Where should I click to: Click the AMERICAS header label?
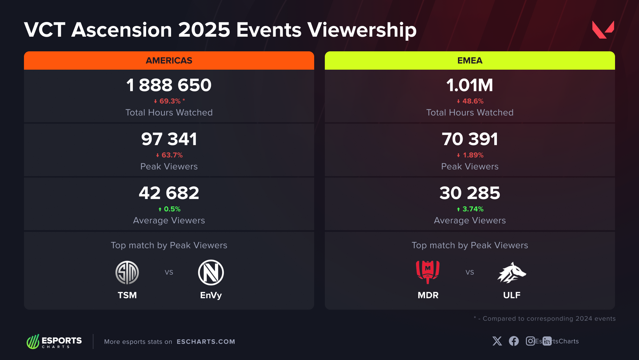click(x=169, y=61)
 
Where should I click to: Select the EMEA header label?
click(x=470, y=61)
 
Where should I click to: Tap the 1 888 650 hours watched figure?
click(x=169, y=85)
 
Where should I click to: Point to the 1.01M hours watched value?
click(x=470, y=85)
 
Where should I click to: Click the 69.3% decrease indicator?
click(x=169, y=101)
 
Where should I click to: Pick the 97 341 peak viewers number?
click(x=169, y=139)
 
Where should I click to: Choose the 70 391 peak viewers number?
click(x=470, y=139)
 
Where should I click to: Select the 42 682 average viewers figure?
click(x=169, y=193)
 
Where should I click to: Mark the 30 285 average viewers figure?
click(x=470, y=193)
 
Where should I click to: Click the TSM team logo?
click(x=127, y=272)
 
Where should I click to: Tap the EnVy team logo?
click(x=211, y=272)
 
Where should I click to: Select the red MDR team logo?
click(x=428, y=272)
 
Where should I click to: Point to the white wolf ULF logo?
click(x=512, y=273)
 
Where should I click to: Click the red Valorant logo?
click(x=603, y=30)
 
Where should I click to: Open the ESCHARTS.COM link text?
click(x=206, y=342)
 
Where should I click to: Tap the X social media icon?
click(x=497, y=341)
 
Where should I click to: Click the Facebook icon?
click(x=514, y=341)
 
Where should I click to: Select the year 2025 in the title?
click(x=204, y=30)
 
